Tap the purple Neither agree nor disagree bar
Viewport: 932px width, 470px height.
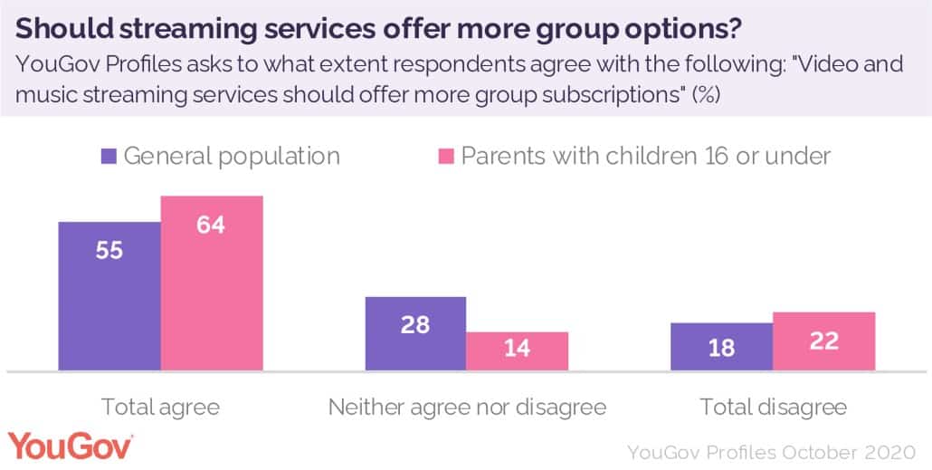click(415, 333)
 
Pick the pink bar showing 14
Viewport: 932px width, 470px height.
click(517, 351)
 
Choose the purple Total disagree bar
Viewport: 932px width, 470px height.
click(721, 347)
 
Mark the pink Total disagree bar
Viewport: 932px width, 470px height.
click(823, 341)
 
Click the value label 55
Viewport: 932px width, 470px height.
click(109, 251)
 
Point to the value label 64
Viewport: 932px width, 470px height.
click(212, 225)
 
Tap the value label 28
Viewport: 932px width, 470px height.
click(415, 323)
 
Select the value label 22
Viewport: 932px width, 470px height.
click(823, 341)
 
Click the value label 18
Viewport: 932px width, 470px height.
click(721, 348)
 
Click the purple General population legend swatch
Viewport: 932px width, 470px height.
click(108, 156)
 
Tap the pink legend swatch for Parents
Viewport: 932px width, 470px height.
click(445, 156)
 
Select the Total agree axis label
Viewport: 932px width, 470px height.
click(160, 407)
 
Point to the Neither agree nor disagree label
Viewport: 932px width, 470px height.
click(466, 407)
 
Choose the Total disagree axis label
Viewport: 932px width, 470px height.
click(773, 407)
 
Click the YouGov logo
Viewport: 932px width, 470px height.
click(71, 446)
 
